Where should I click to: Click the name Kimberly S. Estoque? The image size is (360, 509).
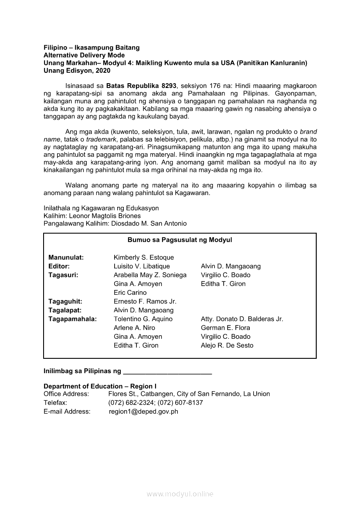(137, 257)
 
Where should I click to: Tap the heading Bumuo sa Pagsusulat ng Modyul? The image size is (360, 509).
(180, 240)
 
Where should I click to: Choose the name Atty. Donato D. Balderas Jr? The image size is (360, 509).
(242, 319)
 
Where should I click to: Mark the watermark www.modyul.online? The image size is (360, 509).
(180, 494)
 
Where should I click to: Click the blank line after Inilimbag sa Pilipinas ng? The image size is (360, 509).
(168, 372)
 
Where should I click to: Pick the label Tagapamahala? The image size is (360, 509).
(72, 319)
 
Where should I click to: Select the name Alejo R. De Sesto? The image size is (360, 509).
(227, 345)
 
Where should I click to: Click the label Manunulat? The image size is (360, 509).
(66, 257)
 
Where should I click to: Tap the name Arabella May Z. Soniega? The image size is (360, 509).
(150, 275)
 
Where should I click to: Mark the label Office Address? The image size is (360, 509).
(66, 394)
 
